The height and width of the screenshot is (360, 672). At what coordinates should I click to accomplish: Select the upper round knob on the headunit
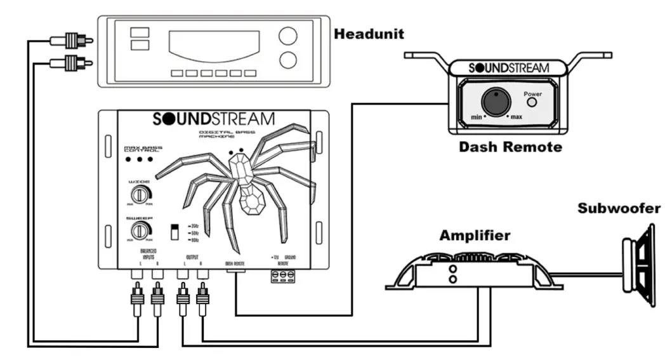[287, 36]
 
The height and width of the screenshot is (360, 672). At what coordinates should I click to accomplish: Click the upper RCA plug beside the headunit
[70, 41]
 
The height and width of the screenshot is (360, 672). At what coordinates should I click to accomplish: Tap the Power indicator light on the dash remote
[532, 103]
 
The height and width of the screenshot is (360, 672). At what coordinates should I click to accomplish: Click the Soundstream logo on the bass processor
[214, 119]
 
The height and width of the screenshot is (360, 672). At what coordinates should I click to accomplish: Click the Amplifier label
[475, 236]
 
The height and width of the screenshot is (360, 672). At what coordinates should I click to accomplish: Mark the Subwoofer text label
[618, 208]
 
